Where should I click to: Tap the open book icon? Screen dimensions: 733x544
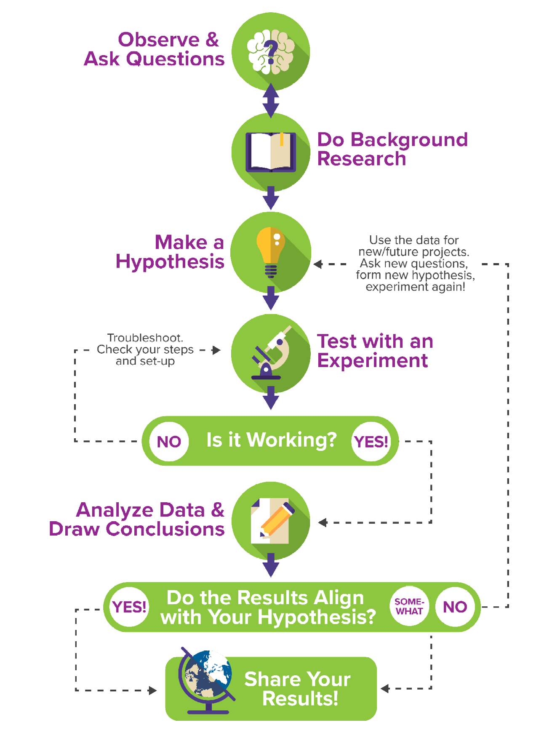[271, 152]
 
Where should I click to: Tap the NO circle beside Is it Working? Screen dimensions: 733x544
[169, 441]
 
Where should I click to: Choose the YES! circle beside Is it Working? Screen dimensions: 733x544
[371, 441]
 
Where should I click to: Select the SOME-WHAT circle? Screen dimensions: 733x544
[409, 606]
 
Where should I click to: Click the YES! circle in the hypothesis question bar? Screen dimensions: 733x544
[129, 607]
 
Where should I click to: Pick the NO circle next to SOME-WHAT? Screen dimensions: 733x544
[455, 607]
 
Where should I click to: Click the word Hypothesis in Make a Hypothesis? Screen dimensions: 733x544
[170, 261]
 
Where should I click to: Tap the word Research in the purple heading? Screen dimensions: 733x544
[361, 159]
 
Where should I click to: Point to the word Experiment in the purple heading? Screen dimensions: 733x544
[372, 360]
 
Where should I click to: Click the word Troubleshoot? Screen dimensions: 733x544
[145, 338]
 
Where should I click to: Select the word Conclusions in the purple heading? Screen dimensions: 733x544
[165, 529]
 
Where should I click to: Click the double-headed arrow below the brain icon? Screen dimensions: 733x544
[271, 101]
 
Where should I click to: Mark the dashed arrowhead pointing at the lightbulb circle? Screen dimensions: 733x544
[318, 264]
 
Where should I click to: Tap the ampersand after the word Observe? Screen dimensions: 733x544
[212, 40]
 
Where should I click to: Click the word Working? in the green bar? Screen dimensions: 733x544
[291, 440]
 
